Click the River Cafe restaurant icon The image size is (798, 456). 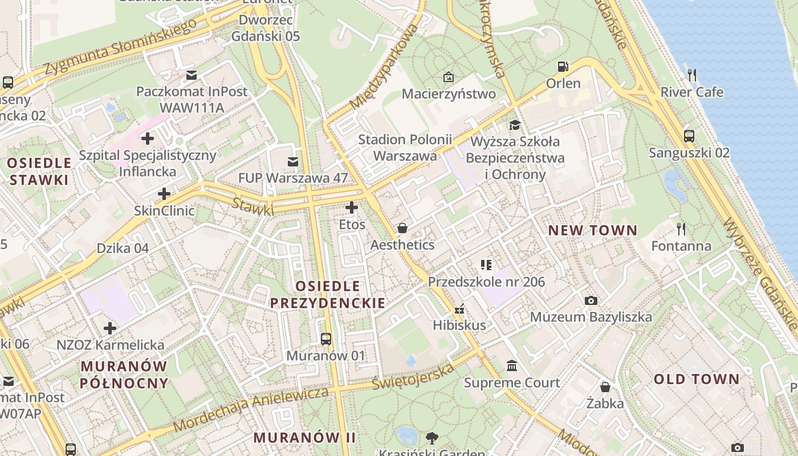[692, 75]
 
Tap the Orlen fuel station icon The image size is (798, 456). [563, 67]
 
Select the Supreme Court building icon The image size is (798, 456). [512, 365]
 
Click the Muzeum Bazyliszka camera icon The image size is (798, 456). [591, 300]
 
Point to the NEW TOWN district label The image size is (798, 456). [593, 230]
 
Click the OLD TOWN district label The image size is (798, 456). [696, 379]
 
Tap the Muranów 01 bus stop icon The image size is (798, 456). [326, 339]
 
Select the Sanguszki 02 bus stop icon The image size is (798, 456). [689, 136]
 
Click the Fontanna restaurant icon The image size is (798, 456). [681, 229]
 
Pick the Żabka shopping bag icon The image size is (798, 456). [605, 387]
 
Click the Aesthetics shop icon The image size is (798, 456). [402, 229]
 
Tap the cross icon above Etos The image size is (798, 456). [352, 207]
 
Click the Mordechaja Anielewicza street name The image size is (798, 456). [251, 409]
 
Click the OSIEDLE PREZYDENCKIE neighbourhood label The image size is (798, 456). [328, 294]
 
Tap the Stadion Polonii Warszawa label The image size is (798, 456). [405, 148]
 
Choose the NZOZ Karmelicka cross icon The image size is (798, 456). [110, 328]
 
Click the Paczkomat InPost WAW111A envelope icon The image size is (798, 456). [192, 75]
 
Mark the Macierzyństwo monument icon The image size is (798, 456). [449, 77]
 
